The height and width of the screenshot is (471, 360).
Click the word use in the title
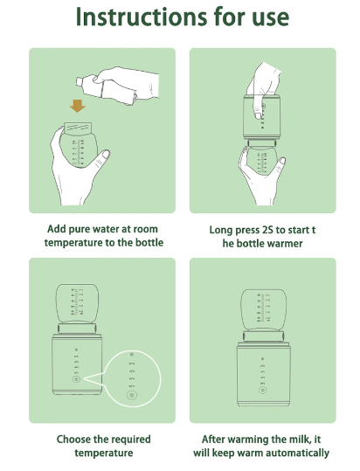pos(271,18)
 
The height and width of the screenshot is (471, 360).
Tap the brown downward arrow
pos(78,106)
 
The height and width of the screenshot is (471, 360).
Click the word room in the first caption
pos(145,229)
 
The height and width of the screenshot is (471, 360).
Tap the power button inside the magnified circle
pos(132,395)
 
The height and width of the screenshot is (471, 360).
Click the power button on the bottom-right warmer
pos(263,391)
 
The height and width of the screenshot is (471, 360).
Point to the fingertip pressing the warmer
pos(257,114)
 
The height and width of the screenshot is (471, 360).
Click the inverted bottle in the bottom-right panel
pos(263,310)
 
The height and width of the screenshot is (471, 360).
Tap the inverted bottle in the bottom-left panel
pos(78,305)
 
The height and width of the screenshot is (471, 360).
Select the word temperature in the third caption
pos(104,453)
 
